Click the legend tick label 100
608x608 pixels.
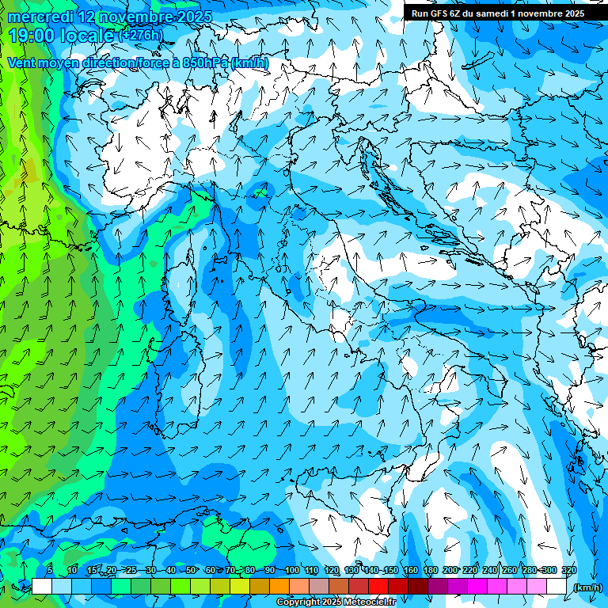click(291, 571)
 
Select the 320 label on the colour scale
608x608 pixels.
click(568, 571)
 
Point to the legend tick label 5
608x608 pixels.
click(50, 571)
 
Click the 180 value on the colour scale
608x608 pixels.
click(430, 571)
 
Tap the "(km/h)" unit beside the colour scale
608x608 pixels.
click(587, 587)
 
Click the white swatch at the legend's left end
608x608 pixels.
click(42, 586)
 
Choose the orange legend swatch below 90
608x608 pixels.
click(279, 586)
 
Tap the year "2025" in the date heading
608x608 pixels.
click(189, 17)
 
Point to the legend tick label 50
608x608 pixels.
click(191, 571)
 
